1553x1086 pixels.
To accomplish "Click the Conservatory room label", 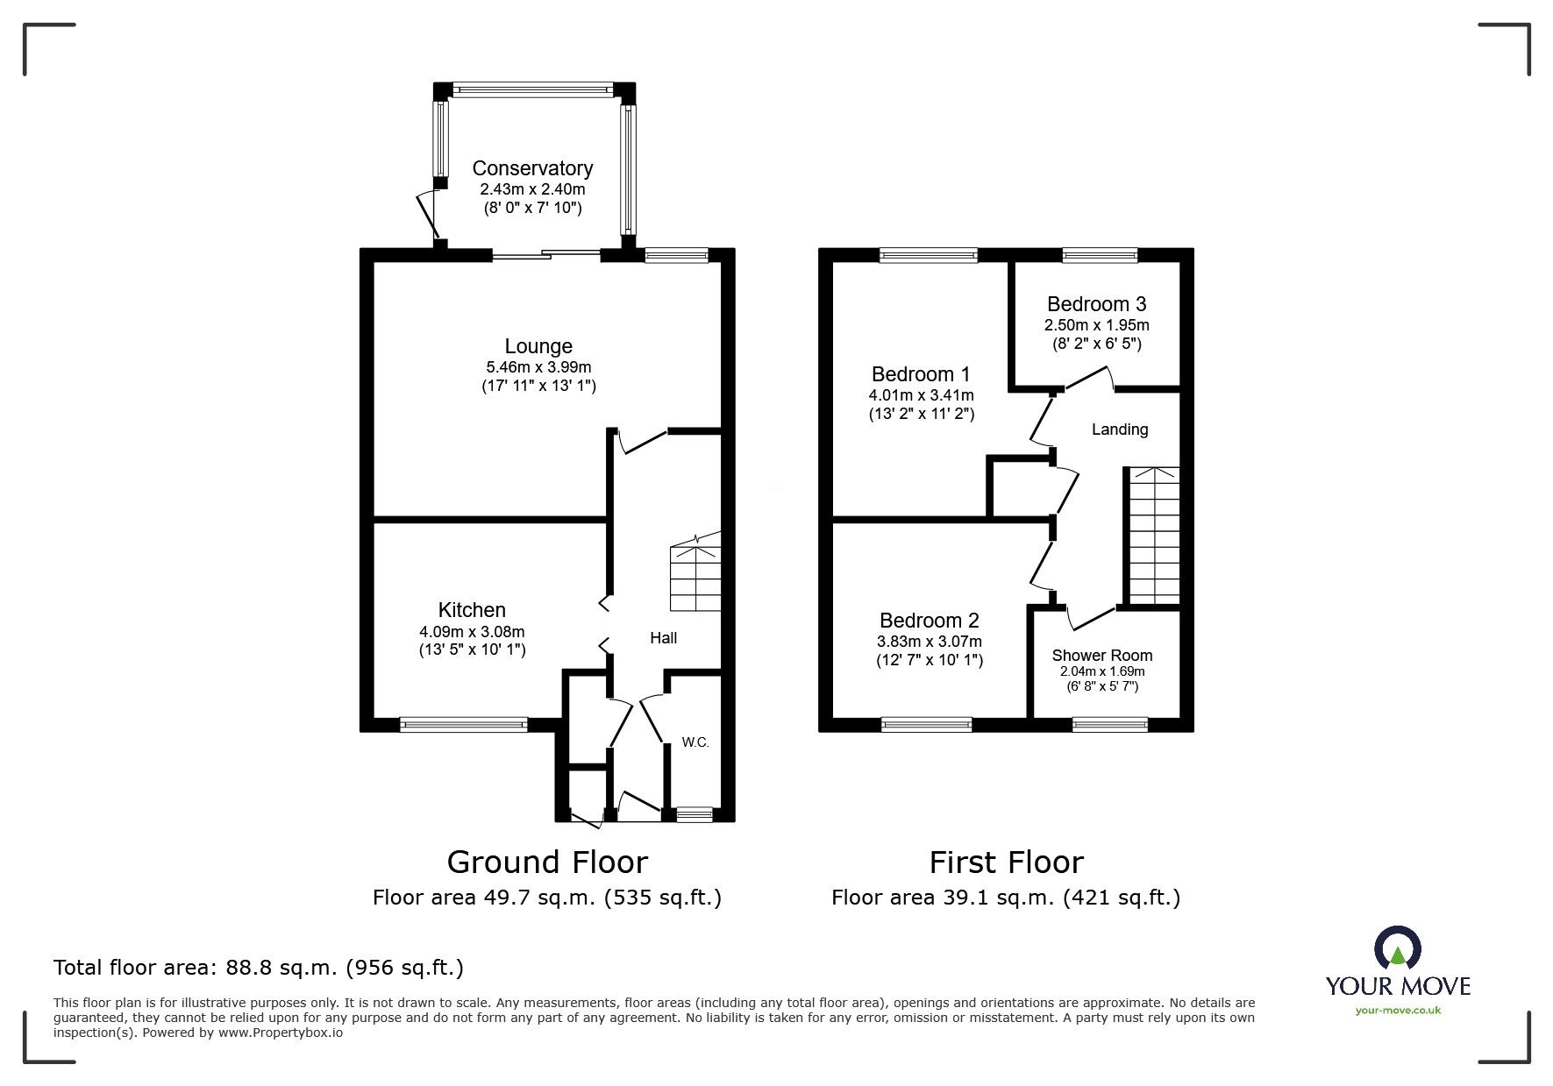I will [x=532, y=168].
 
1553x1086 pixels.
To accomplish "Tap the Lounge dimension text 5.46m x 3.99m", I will [x=538, y=367].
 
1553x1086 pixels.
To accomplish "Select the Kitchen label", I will [x=472, y=610].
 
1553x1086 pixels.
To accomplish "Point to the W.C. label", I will [x=695, y=742].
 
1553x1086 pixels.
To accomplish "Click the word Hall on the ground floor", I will [x=663, y=638].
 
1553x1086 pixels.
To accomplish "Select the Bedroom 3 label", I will [x=1096, y=304].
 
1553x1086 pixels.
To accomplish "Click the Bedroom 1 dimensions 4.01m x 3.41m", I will [x=921, y=395].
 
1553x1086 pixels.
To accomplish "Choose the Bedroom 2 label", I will [x=929, y=621].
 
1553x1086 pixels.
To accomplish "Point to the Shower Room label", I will [x=1102, y=656].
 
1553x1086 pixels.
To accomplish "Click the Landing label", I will [x=1120, y=429].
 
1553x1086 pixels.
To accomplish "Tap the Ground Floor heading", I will [x=547, y=862].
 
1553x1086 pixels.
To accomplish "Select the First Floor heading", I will [x=1006, y=862].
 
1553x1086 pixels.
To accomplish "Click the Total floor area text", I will [x=259, y=968].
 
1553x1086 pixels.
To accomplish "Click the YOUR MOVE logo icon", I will [x=1397, y=949].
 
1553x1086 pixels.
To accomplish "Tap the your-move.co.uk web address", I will [x=1398, y=1011].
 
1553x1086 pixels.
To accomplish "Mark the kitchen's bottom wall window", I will [x=463, y=724].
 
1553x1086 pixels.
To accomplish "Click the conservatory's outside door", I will [x=426, y=214].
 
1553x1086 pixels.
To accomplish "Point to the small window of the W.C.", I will [x=695, y=814].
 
